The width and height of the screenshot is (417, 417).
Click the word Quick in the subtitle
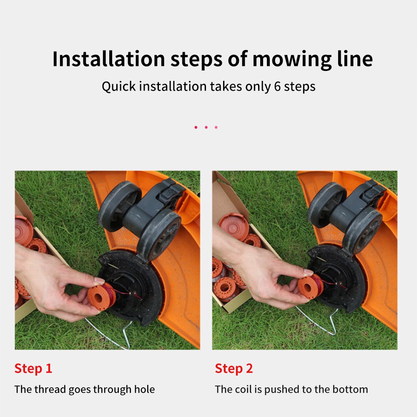coord(118,86)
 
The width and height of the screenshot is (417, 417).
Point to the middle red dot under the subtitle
coord(206,127)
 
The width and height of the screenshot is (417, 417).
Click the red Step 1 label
coord(33,368)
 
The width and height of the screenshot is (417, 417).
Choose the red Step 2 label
coord(234,368)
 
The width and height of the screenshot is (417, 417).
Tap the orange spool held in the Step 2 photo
coord(310,286)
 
